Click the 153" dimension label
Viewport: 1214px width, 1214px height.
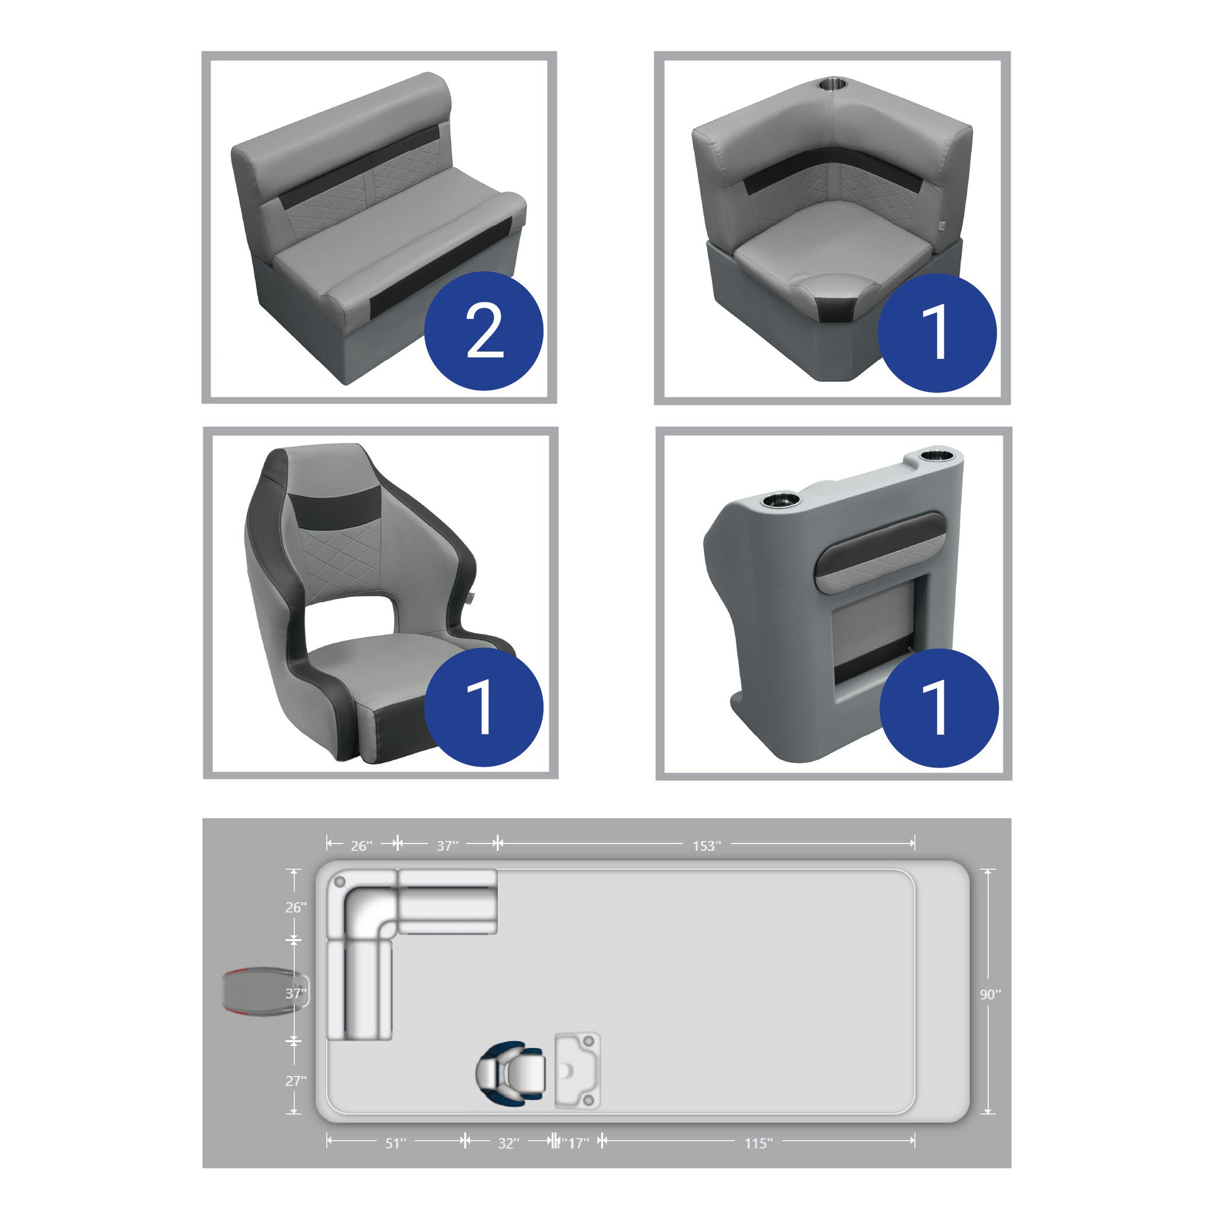click(x=707, y=846)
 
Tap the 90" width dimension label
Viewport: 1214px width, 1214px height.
click(x=991, y=994)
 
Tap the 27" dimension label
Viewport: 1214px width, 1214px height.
click(x=296, y=1080)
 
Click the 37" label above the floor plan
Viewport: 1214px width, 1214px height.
click(x=448, y=846)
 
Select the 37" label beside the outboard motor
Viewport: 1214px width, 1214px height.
click(x=296, y=993)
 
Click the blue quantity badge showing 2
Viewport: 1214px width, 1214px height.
click(x=484, y=331)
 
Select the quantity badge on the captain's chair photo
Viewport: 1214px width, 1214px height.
click(x=484, y=708)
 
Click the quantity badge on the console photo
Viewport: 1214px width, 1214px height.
click(x=938, y=708)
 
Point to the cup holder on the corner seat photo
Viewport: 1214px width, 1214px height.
click(x=833, y=84)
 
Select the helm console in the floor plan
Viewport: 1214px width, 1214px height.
click(x=577, y=1070)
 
